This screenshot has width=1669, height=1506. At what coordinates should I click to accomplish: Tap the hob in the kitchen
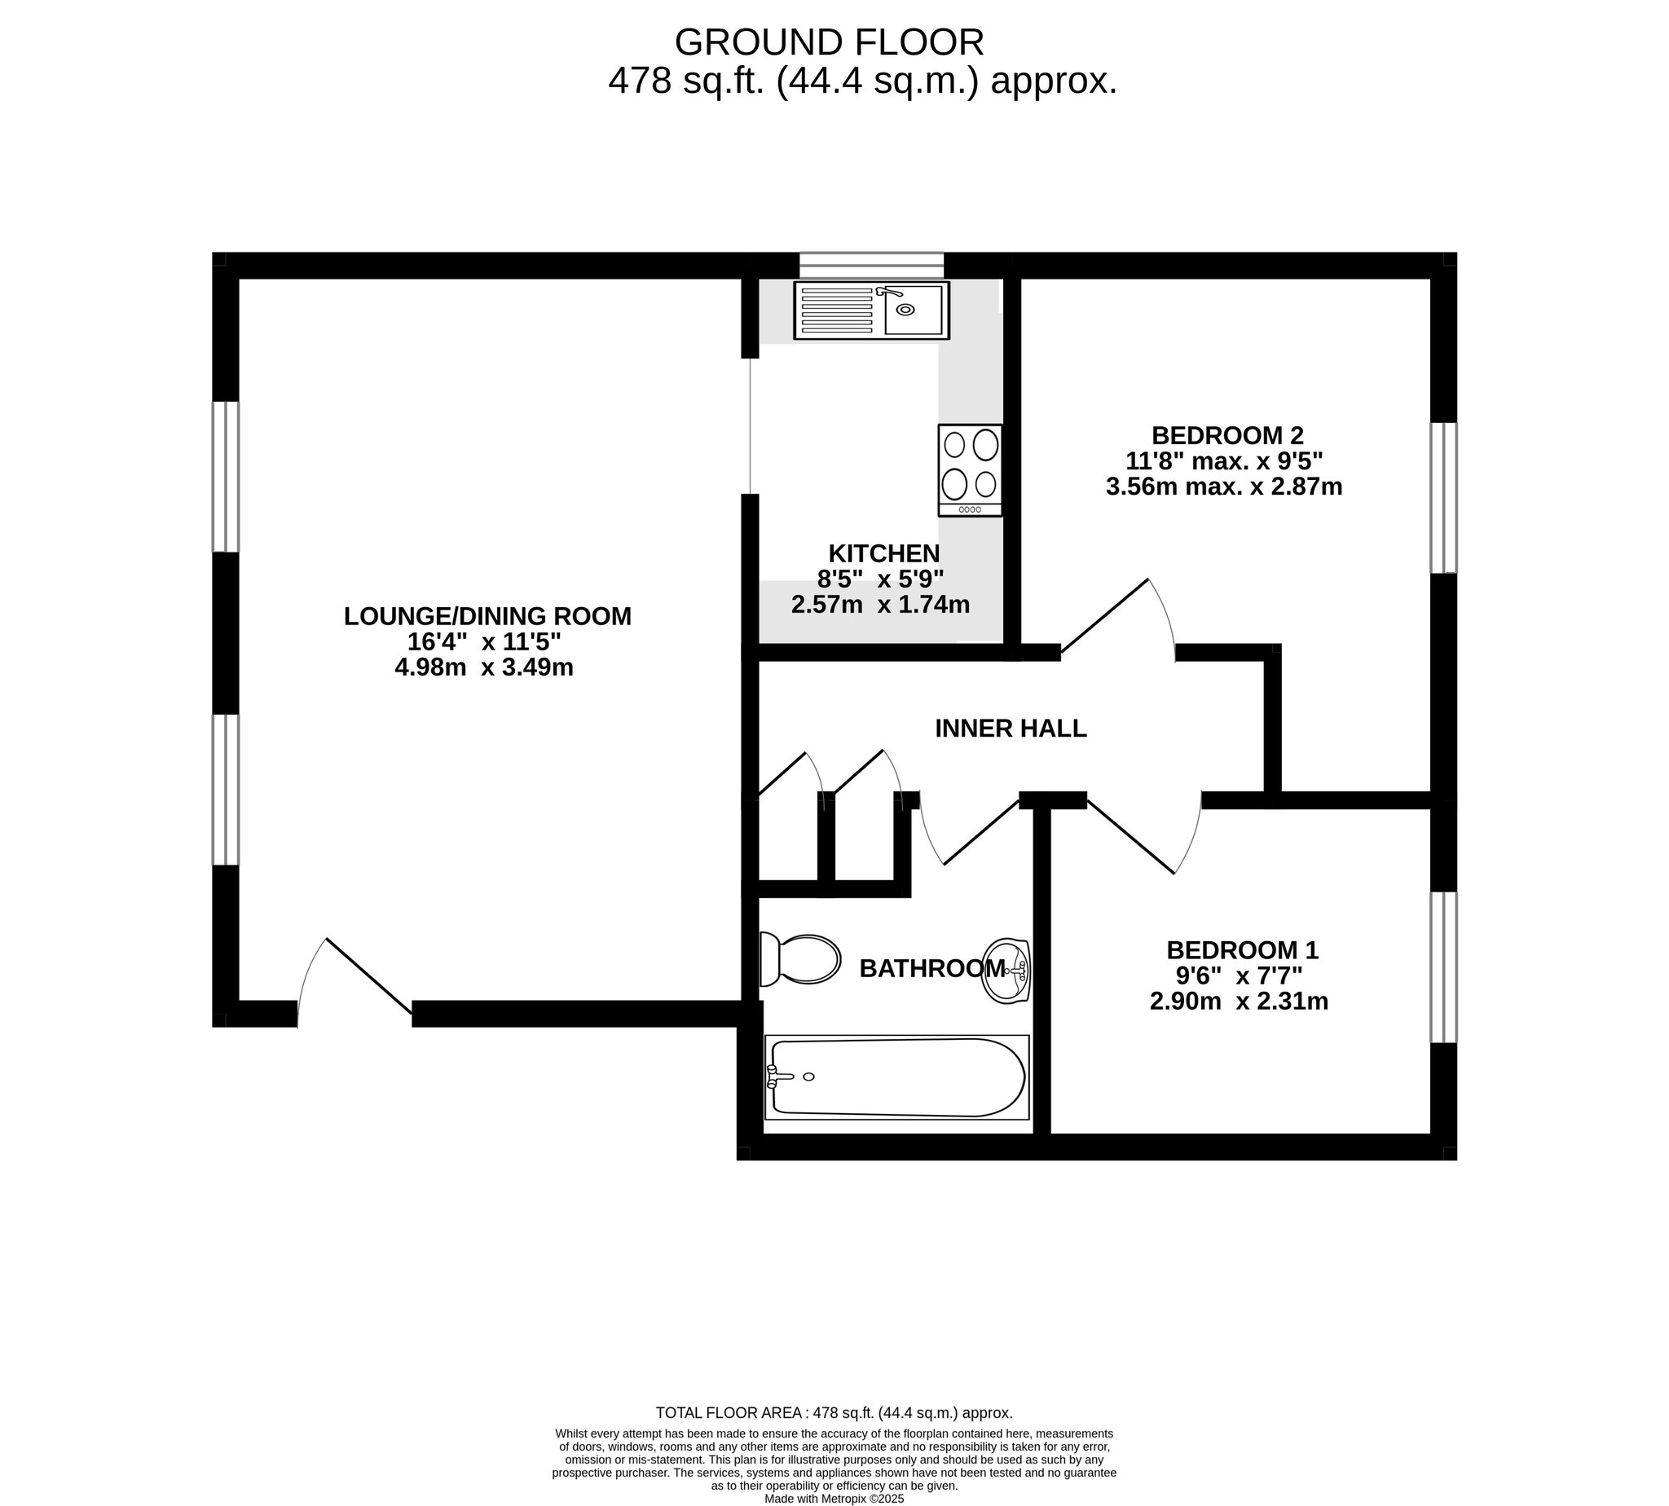point(970,470)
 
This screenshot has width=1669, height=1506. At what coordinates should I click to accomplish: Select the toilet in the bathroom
point(799,960)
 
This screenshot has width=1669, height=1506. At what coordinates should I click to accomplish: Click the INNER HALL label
point(1011,729)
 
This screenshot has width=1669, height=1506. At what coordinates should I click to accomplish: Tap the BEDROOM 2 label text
point(1227,435)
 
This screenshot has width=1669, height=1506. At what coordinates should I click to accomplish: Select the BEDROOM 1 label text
point(1241,950)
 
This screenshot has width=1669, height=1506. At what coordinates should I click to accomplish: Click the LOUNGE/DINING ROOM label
point(487,616)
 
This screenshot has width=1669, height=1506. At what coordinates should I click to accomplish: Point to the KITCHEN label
point(883,553)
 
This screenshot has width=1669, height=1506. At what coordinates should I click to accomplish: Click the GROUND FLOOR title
point(830,42)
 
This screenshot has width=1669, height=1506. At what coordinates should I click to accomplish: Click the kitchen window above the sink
point(871,265)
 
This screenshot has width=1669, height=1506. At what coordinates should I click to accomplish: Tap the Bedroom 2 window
point(1444,497)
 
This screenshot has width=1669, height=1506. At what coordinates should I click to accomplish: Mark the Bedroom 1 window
point(1444,967)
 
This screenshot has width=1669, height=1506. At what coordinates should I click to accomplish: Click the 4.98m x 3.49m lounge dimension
point(484,667)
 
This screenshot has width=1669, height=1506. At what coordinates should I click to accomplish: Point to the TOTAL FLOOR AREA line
point(834,1413)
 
